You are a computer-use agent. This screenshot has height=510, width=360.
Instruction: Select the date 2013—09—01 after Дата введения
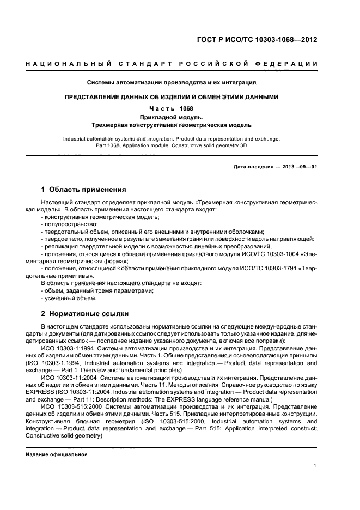298,167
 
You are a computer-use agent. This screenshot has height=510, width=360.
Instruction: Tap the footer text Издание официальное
57,454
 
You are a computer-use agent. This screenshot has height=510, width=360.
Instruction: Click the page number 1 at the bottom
316,466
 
